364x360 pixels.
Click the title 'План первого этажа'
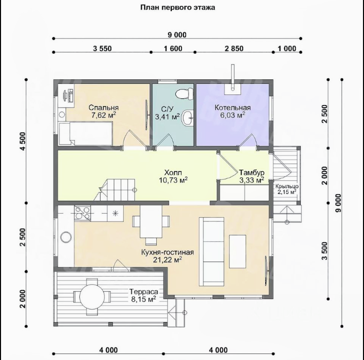click(177, 8)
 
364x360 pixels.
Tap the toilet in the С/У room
click(185, 94)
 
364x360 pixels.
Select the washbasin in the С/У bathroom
click(188, 118)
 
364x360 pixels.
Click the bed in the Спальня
click(86, 134)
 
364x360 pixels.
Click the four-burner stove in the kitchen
click(82, 213)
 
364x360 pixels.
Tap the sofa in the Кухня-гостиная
click(211, 252)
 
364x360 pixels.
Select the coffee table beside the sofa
click(238, 251)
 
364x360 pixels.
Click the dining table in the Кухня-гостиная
click(151, 222)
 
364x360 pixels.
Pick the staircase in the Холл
click(115, 190)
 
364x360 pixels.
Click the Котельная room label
click(233, 108)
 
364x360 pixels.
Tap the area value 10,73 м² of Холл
click(173, 180)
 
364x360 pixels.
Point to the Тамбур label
click(252, 173)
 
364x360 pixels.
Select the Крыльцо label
click(287, 186)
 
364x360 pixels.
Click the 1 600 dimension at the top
click(173, 48)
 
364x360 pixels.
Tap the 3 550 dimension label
click(102, 48)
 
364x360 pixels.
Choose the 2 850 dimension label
click(234, 48)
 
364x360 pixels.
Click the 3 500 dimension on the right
click(325, 251)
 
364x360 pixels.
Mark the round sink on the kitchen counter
click(66, 237)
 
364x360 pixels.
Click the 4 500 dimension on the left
click(23, 141)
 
